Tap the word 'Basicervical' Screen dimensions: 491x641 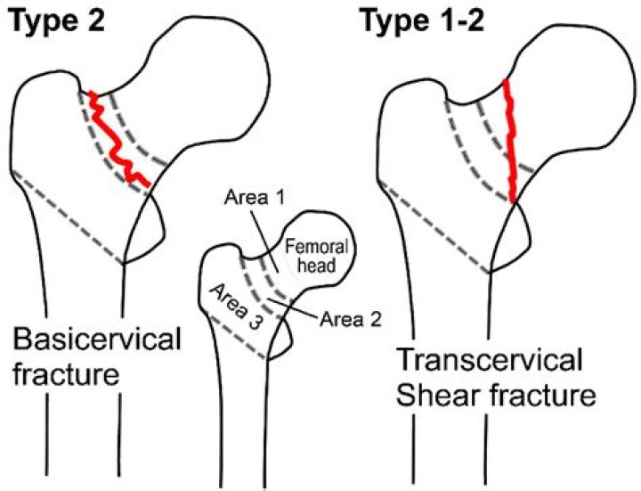point(97,340)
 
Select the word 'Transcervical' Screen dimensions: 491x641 point(489,361)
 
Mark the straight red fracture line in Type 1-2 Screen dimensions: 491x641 point(510,143)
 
